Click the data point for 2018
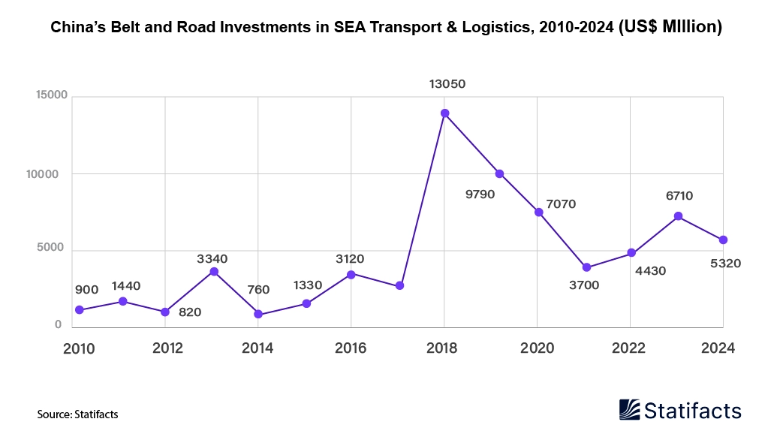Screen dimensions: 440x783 (444, 113)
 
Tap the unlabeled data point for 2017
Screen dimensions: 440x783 (399, 286)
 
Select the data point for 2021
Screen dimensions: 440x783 (586, 268)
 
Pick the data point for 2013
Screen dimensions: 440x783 (214, 271)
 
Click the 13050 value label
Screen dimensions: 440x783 (447, 84)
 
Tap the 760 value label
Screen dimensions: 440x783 (258, 291)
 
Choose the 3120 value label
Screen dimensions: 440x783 (349, 259)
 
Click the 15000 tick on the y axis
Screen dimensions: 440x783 (50, 96)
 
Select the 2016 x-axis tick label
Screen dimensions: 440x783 (350, 348)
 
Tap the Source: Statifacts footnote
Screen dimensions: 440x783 (77, 414)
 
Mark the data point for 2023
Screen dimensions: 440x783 (678, 216)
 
